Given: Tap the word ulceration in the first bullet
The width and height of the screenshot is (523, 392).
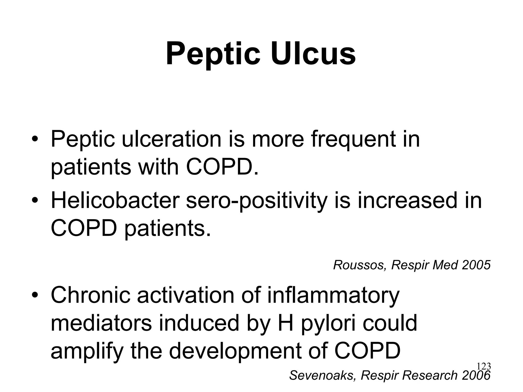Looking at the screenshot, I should click(x=171, y=139).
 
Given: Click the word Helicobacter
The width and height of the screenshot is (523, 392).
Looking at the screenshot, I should click(x=115, y=200).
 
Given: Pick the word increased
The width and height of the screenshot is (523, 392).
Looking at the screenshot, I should click(x=407, y=200).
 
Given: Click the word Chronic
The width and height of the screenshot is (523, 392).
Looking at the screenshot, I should click(x=91, y=295).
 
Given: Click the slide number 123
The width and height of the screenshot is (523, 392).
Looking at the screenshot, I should click(x=484, y=366).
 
